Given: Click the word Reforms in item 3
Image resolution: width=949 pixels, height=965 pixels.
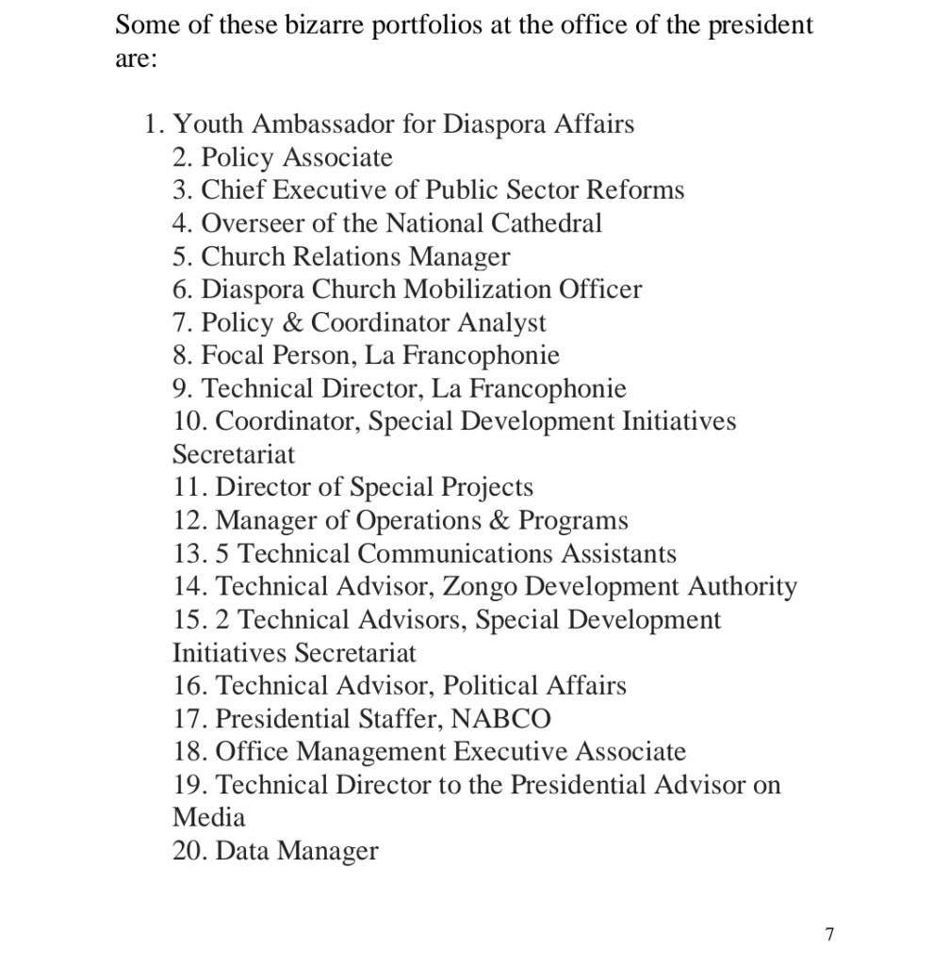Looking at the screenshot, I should coord(635,190).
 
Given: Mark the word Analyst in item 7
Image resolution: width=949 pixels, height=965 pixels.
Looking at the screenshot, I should coord(502,322).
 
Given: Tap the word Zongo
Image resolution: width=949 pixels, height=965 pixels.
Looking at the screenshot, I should coord(479,586).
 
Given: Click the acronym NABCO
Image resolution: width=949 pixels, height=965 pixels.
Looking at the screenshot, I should coord(500,718).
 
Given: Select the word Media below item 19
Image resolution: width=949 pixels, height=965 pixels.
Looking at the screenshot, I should coord(208,817).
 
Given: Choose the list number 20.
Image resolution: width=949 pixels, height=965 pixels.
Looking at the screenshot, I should coord(191,851).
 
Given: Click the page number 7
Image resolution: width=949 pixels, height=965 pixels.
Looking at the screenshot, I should coord(828,934).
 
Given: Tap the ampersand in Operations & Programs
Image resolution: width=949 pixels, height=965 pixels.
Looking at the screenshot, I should coord(504,520).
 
